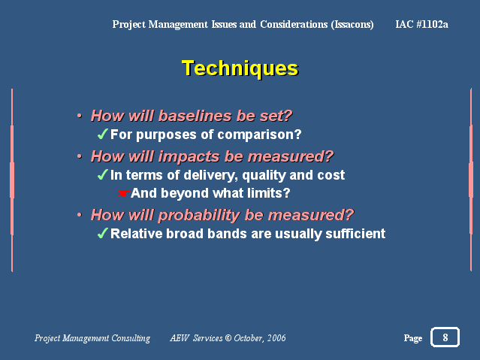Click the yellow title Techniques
pos(240,68)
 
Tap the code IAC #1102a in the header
pos(421,24)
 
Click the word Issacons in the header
pos(352,25)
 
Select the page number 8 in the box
pos(445,337)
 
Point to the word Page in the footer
pos(413,338)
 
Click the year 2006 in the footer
pos(276,338)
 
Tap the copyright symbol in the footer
pos(228,338)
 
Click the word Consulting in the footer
pos(131,338)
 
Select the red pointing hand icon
pos(124,193)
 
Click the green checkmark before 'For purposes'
pos(103,134)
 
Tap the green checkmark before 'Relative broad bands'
pos(103,233)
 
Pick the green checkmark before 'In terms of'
pos(103,174)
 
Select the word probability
pos(199,215)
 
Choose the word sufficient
pos(355,234)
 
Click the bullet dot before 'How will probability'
pos(80,215)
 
